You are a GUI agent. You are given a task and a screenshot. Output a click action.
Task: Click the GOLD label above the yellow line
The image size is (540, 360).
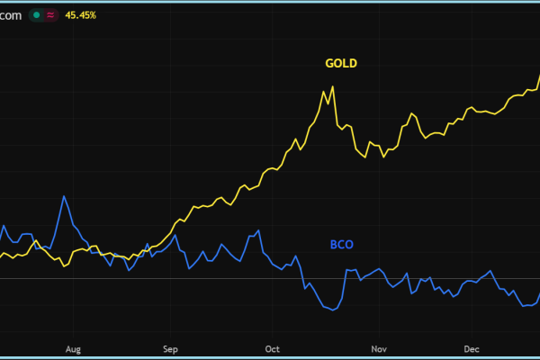point(340,63)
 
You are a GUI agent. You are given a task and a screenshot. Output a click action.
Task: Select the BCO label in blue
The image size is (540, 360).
point(342,244)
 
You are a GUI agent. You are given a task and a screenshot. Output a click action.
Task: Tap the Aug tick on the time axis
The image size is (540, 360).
point(74,347)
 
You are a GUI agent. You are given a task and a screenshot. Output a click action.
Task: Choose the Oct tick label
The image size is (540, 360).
point(274,347)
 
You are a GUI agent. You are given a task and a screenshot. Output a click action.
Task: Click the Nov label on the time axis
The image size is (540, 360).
point(378,347)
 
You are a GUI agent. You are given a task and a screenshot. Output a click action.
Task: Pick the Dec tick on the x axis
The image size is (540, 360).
point(471,347)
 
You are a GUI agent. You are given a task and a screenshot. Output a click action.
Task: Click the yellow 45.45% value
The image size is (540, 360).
point(82,14)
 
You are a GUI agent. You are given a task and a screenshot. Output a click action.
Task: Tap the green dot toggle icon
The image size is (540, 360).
point(36,14)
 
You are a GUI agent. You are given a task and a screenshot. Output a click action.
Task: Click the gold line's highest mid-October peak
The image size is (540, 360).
point(333,86)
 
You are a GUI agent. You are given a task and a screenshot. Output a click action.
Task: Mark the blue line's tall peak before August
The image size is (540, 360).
point(64,196)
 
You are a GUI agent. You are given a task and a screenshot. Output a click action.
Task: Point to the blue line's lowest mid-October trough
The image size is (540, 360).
point(334,310)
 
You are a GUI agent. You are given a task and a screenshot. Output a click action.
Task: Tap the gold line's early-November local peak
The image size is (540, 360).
point(412,113)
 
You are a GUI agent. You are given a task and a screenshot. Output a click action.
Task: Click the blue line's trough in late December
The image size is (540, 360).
point(521,306)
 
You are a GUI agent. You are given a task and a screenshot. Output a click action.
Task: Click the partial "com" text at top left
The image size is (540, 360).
point(11,14)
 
